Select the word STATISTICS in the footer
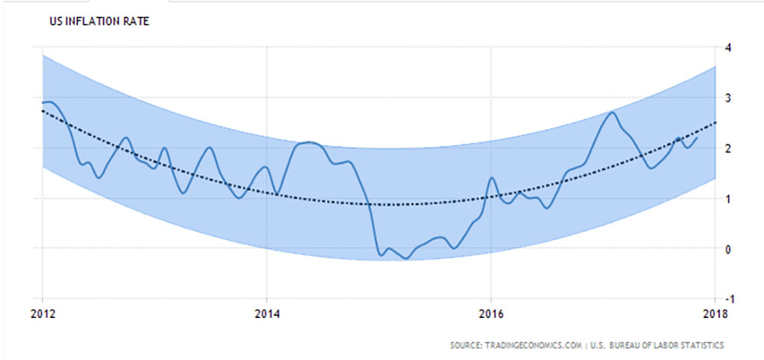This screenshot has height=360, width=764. tap(701, 345)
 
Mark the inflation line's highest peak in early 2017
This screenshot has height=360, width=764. tap(612, 112)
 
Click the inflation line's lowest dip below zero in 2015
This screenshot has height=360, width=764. tap(406, 258)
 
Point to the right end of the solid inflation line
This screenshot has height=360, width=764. tap(697, 138)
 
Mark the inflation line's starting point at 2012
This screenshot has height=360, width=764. tap(43, 102)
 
